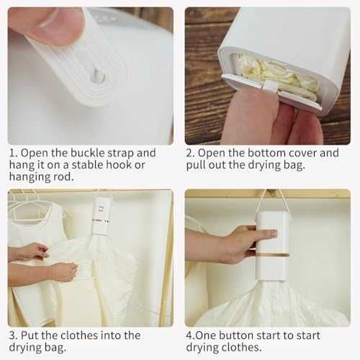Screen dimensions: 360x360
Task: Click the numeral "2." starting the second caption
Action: (191, 153)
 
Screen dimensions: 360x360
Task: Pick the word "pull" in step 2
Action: (196, 166)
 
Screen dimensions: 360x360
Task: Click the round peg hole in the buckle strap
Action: (97, 76)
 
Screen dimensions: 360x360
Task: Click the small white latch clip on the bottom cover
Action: (270, 87)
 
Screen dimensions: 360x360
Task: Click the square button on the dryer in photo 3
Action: (102, 208)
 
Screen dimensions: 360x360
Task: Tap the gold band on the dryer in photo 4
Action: (273, 255)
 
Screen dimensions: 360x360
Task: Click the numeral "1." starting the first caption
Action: (14, 153)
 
